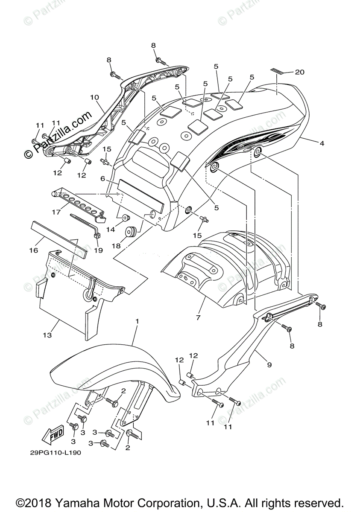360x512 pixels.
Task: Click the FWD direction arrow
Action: (53, 435)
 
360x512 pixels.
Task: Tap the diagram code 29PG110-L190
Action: (56, 453)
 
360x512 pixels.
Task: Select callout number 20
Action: (299, 72)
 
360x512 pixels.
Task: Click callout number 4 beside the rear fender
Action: (322, 144)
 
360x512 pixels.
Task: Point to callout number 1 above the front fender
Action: (138, 320)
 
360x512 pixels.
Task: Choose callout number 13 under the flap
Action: (47, 335)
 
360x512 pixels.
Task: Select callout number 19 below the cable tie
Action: (99, 250)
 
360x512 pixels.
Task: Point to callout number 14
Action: (110, 230)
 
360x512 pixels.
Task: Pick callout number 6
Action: (102, 179)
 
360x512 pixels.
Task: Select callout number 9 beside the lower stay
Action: (269, 365)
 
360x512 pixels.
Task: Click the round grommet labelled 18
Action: (130, 232)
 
